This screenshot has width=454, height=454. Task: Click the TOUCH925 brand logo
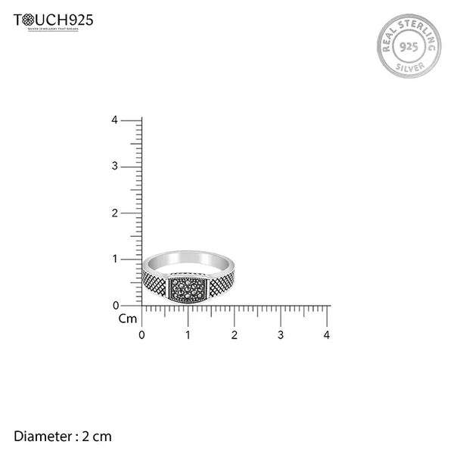click(54, 20)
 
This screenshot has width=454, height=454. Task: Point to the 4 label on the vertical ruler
click(113, 120)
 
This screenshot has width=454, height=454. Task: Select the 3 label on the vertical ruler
click(113, 166)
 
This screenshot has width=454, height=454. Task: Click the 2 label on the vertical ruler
click(113, 213)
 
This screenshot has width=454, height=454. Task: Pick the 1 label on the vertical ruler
click(113, 260)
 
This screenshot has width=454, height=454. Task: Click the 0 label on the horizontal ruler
click(141, 334)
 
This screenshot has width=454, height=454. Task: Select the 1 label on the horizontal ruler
click(188, 334)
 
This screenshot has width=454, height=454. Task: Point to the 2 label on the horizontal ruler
click(234, 334)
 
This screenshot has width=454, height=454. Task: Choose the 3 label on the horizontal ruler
click(281, 334)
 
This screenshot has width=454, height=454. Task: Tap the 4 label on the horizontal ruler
click(327, 334)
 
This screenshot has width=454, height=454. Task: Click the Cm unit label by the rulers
click(127, 319)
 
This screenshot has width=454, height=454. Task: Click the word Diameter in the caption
click(42, 436)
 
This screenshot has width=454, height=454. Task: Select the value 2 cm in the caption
click(97, 436)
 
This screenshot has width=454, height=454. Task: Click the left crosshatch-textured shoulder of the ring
click(155, 283)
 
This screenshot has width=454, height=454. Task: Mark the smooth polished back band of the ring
click(189, 258)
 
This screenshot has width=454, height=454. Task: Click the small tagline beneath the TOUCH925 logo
click(54, 29)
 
